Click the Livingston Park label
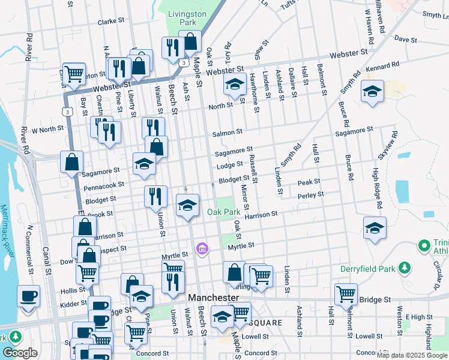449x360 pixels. (186, 18)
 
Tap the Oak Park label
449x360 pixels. (224, 212)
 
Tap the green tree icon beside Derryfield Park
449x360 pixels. (406, 267)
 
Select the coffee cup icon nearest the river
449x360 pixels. (28, 296)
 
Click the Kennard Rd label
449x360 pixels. (382, 65)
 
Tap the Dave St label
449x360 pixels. (405, 40)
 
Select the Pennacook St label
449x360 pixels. (103, 187)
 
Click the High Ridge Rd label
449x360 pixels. (376, 187)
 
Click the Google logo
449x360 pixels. (20, 353)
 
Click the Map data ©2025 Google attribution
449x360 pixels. (412, 355)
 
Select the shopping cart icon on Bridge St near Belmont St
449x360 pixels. (346, 294)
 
